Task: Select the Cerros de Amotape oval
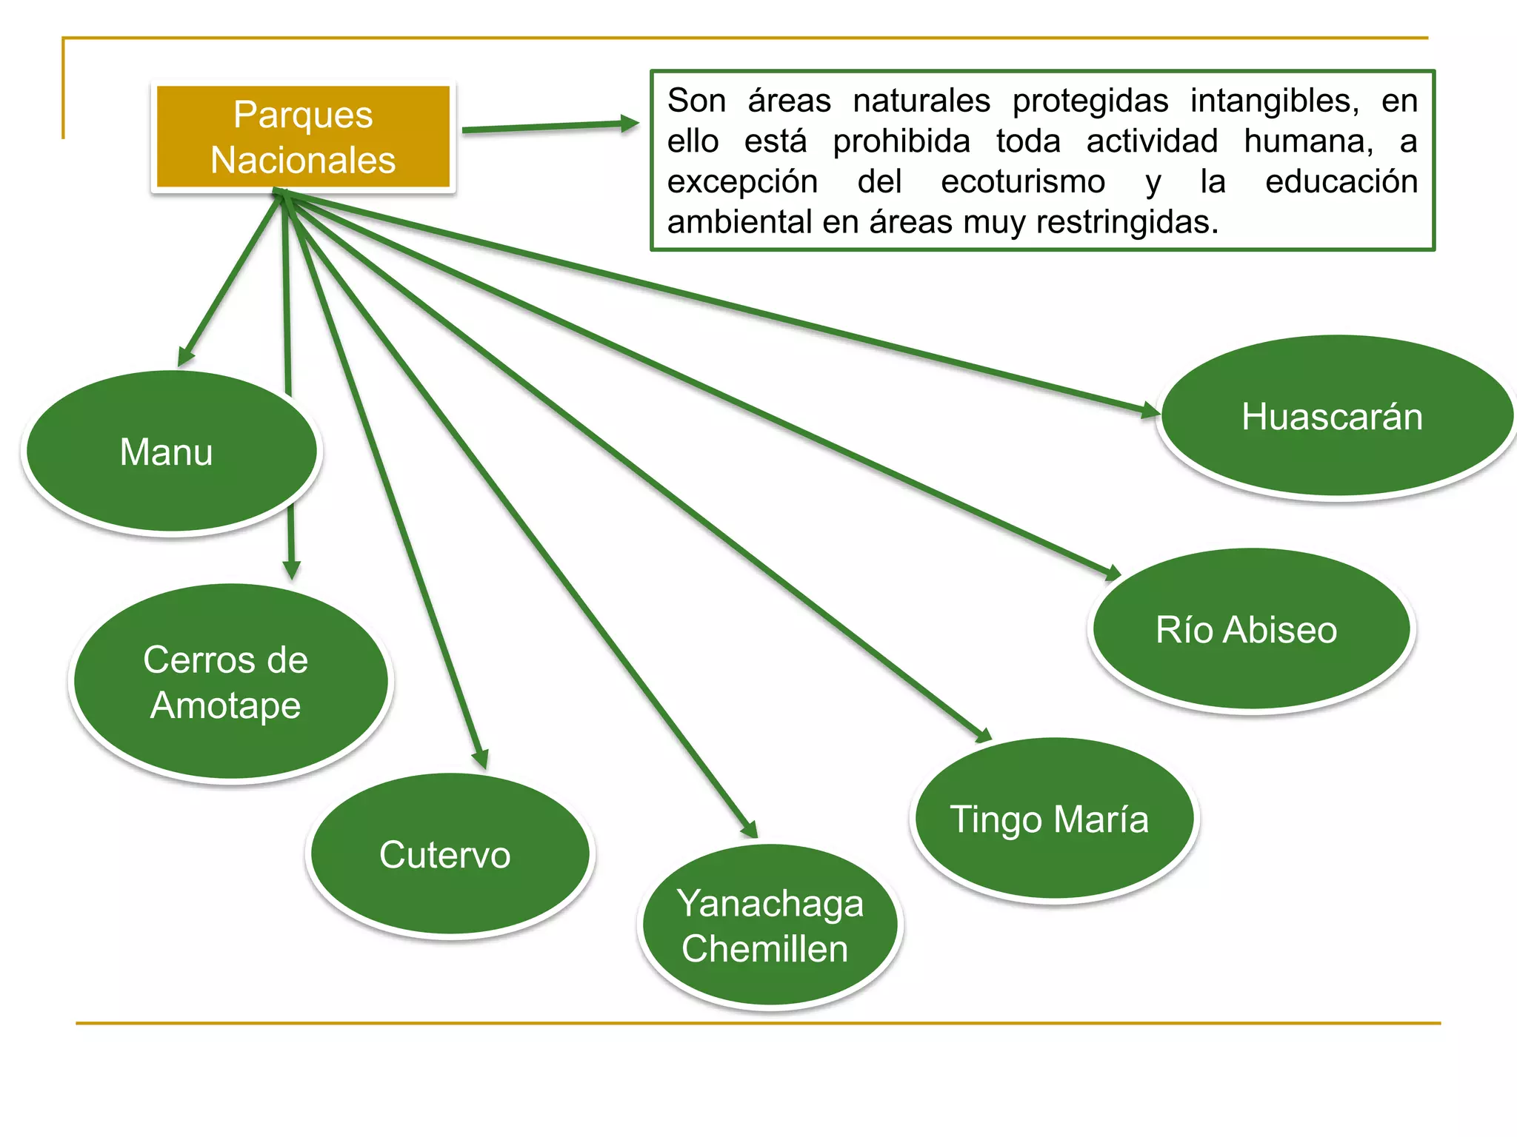tap(230, 682)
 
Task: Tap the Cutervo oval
tap(450, 854)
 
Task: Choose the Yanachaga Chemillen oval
tap(770, 925)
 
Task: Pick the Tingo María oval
tap(1053, 819)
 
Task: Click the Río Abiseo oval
tap(1251, 629)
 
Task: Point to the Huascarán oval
tap(1336, 416)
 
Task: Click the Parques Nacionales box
tap(303, 137)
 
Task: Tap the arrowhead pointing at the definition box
tap(630, 123)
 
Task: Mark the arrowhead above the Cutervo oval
tap(481, 759)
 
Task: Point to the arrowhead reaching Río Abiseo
tap(1113, 573)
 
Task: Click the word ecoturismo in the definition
tap(1023, 181)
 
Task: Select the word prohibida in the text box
tap(901, 141)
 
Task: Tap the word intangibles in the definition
tap(1275, 101)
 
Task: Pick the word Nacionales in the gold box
tap(303, 160)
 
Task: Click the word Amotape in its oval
tap(226, 705)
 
